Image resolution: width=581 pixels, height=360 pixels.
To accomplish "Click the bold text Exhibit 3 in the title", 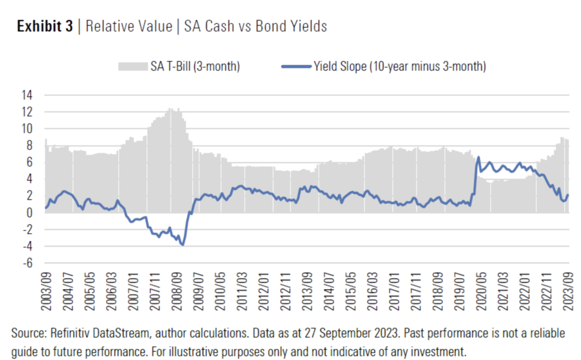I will (x=45, y=27).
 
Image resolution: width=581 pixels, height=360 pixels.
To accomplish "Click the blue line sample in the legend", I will (x=296, y=67).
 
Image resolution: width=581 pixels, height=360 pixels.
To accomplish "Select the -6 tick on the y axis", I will (x=27, y=263).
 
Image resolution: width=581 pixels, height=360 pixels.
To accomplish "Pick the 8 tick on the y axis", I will (x=30, y=145).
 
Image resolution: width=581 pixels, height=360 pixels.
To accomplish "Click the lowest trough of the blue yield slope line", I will (x=183, y=244).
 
